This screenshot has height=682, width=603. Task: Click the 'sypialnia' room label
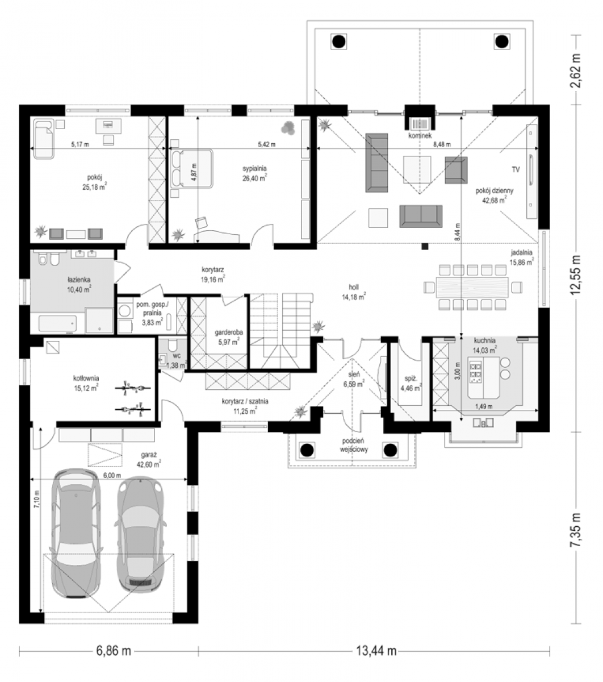(x=254, y=168)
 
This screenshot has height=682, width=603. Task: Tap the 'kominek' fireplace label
(x=420, y=136)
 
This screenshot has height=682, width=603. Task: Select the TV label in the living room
(x=516, y=169)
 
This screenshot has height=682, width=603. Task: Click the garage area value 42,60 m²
(x=149, y=464)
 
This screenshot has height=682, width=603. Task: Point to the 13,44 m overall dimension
(x=376, y=651)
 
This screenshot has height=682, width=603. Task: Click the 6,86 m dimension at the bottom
(x=114, y=651)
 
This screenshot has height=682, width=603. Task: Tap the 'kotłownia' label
(x=86, y=378)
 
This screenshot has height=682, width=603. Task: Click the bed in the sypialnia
(x=192, y=168)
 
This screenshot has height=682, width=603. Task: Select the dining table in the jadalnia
(x=472, y=287)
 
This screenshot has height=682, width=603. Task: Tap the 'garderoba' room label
(x=229, y=332)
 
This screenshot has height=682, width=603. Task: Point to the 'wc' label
(x=177, y=355)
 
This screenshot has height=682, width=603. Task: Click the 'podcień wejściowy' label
(x=354, y=445)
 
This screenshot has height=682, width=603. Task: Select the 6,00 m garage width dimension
(x=112, y=476)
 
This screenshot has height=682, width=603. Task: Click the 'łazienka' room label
(x=79, y=280)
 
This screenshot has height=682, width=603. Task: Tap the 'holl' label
(x=354, y=287)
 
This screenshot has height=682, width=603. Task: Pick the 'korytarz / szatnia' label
(x=245, y=401)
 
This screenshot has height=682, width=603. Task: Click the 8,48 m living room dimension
(x=442, y=144)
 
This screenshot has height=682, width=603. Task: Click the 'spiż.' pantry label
(x=411, y=379)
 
